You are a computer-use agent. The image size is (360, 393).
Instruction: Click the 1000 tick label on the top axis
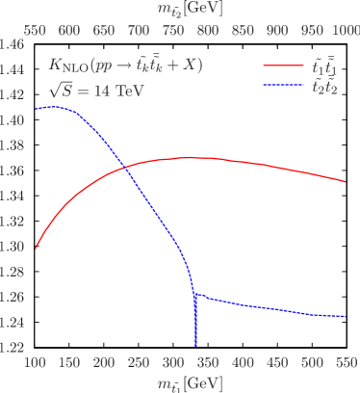point(343,29)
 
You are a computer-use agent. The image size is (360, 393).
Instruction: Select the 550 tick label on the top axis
point(36,29)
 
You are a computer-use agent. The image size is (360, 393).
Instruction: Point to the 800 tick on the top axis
point(208,29)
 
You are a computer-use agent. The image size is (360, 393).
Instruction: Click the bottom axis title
point(191,383)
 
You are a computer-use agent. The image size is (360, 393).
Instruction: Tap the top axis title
point(191,9)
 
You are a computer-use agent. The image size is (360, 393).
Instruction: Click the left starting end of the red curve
point(36,248)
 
